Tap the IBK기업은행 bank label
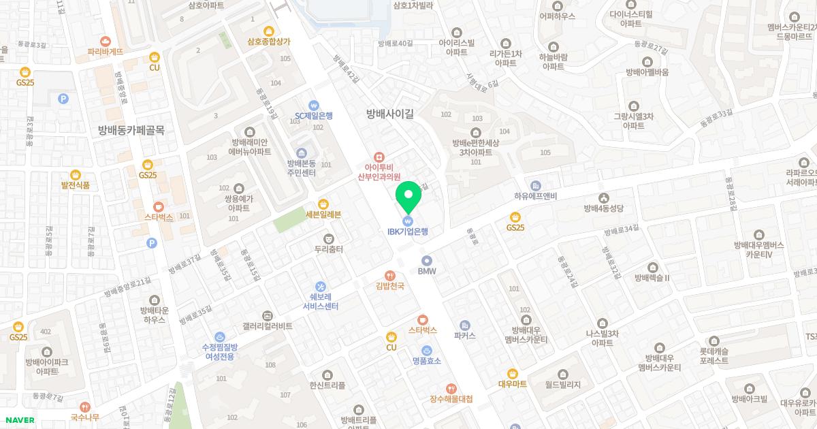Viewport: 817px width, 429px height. tap(408, 232)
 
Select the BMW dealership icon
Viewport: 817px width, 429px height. tap(427, 260)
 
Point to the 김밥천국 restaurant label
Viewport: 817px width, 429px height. tap(390, 286)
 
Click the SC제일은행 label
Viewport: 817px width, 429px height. tap(314, 116)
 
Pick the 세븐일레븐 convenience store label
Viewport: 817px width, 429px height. tap(323, 214)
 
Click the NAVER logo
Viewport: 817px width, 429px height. tap(18, 419)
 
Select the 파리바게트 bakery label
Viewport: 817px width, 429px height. tap(106, 51)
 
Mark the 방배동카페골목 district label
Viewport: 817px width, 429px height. tap(131, 130)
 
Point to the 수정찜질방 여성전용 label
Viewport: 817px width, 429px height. tap(219, 351)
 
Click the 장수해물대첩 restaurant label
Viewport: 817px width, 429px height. tap(451, 398)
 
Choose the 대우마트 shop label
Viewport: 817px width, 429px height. tap(513, 383)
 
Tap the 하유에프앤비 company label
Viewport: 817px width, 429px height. tap(536, 195)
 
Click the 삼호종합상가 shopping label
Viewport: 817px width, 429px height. tap(269, 41)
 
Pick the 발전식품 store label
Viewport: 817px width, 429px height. tap(76, 185)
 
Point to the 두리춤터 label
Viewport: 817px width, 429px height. tap(329, 249)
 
